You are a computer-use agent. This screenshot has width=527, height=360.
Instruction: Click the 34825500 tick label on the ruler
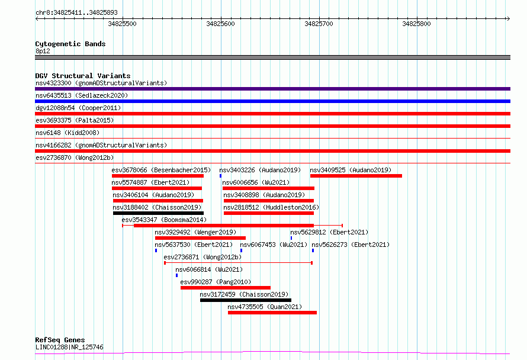[123, 24]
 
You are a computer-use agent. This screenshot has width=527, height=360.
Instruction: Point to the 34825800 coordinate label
[416, 24]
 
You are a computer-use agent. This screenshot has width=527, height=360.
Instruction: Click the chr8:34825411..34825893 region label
[76, 13]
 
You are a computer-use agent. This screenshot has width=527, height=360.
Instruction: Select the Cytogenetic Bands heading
[70, 44]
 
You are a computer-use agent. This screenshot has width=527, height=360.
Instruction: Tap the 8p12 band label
[43, 51]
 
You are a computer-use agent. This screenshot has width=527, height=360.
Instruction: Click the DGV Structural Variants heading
[83, 76]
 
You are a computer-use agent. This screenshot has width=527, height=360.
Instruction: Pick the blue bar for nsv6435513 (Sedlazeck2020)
[272, 101]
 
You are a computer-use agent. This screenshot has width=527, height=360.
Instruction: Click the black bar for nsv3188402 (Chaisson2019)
[158, 213]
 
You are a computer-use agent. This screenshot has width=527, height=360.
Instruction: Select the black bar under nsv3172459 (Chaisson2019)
[246, 300]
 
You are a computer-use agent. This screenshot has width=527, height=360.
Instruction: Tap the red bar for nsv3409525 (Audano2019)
[356, 176]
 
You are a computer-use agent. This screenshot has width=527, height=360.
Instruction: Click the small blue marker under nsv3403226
[220, 176]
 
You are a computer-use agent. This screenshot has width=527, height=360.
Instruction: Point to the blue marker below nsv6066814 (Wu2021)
[177, 275]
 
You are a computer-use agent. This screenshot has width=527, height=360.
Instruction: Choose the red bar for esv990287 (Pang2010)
[226, 288]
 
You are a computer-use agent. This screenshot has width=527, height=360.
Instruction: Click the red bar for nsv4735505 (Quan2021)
[272, 313]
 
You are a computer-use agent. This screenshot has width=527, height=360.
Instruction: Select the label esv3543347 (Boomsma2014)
[164, 220]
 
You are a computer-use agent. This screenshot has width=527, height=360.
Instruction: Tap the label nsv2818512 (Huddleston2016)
[271, 207]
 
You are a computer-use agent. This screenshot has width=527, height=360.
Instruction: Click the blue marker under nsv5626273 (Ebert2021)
[313, 250]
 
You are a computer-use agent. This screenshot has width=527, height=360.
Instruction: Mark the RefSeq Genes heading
[60, 340]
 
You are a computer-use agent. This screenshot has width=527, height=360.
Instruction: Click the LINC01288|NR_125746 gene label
[69, 347]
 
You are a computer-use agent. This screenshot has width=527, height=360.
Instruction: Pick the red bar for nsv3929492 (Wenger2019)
[200, 238]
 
